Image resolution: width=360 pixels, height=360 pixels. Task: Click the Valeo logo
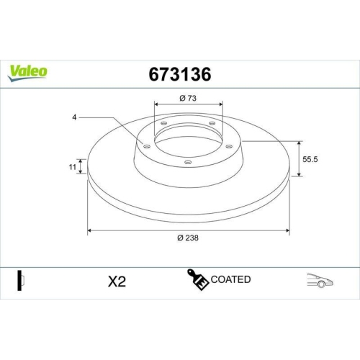click(27, 71)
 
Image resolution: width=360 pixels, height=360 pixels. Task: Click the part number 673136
click(179, 73)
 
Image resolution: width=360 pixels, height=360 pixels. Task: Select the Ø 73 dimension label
click(189, 98)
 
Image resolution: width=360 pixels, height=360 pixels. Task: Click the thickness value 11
click(72, 167)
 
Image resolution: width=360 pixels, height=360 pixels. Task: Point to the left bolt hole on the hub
click(147, 147)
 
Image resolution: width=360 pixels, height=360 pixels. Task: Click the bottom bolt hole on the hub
click(187, 162)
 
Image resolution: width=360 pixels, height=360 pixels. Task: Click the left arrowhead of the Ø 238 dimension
click(89, 230)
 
